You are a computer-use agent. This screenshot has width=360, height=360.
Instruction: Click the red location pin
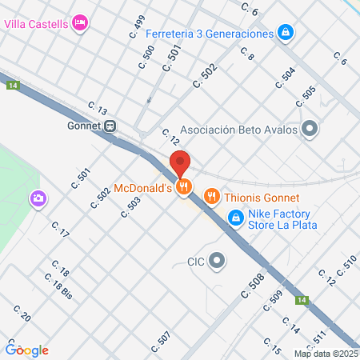(180, 162)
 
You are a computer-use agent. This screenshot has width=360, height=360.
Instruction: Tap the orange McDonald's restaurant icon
(184, 188)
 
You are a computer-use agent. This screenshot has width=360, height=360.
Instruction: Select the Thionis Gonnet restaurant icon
(211, 195)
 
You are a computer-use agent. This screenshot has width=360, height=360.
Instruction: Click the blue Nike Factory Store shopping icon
(235, 217)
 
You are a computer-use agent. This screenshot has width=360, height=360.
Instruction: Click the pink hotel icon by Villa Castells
(79, 23)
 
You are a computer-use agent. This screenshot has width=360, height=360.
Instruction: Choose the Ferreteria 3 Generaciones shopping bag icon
(285, 33)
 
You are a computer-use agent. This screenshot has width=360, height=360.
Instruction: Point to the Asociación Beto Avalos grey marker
(310, 129)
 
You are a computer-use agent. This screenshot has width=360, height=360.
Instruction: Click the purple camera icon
(38, 198)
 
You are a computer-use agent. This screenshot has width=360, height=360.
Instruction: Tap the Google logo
(27, 350)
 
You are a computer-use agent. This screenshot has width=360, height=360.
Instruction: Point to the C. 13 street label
(98, 109)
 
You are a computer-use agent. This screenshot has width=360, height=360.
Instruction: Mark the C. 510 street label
(345, 266)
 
